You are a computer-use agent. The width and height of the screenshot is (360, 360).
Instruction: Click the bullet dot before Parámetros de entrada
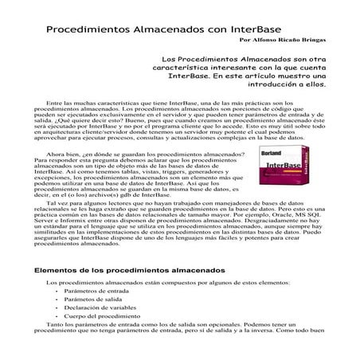pos(57,292)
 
